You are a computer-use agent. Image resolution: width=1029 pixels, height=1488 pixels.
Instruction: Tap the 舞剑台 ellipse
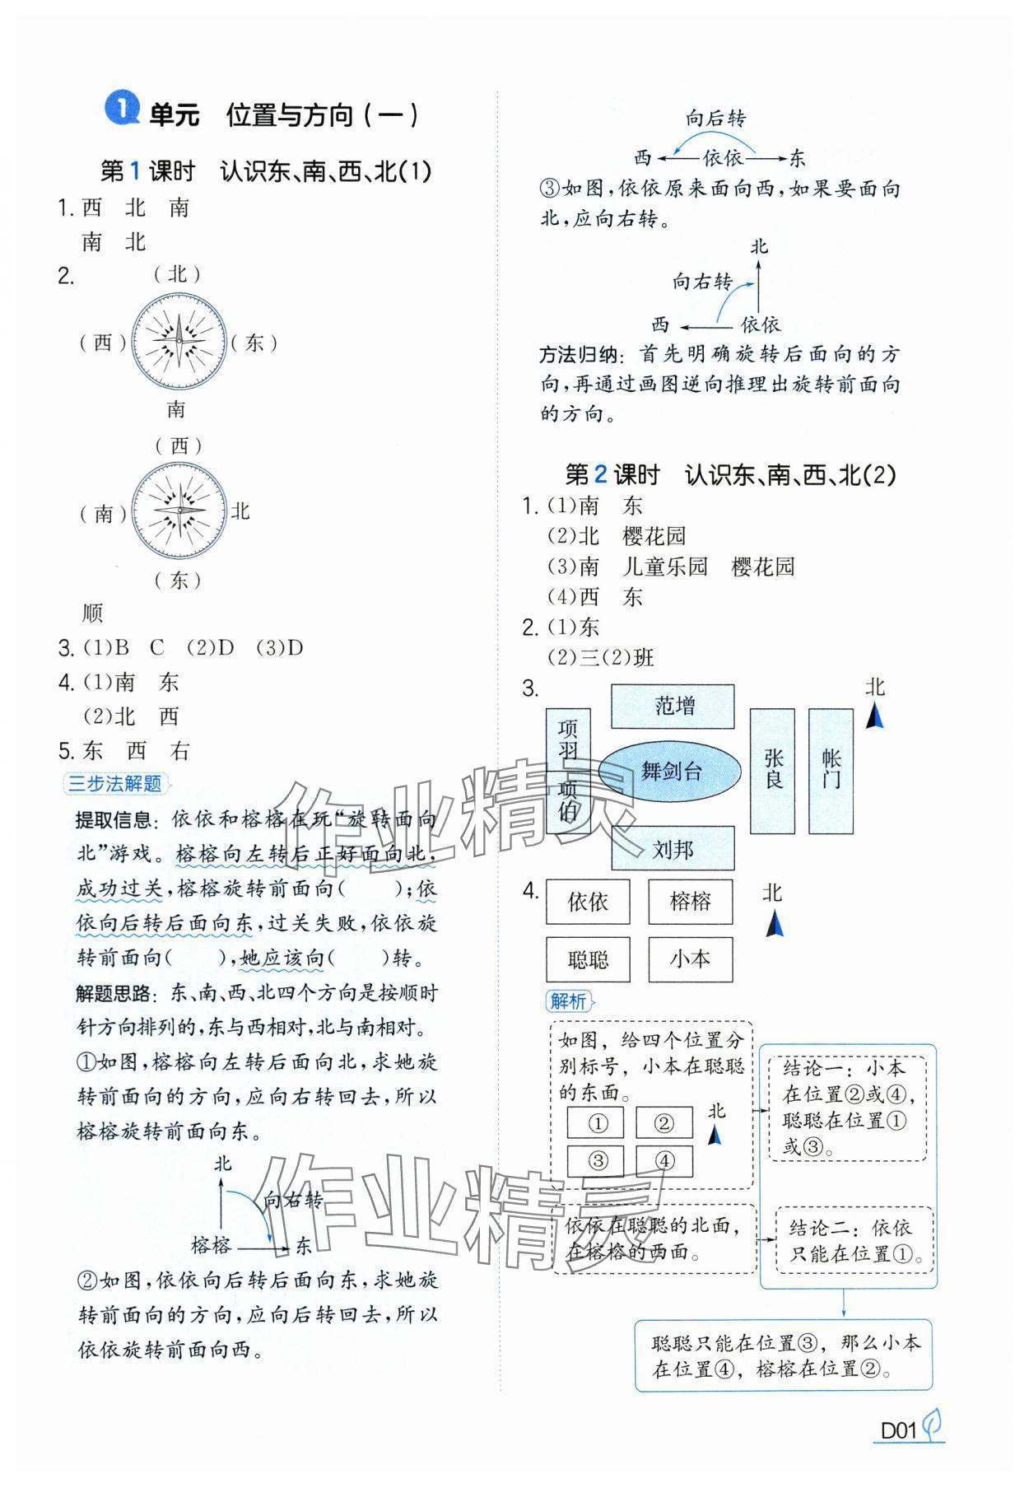670,772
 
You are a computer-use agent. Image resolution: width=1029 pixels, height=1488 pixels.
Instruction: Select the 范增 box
673,706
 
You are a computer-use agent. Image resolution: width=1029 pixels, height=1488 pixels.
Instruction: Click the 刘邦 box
673,848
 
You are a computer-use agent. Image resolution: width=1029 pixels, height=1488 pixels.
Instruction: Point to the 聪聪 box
588,959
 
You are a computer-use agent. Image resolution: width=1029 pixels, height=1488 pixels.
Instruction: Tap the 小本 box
690,959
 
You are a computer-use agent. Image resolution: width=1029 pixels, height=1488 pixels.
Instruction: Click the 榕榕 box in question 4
690,902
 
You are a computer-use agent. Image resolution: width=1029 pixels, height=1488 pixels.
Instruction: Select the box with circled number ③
596,1161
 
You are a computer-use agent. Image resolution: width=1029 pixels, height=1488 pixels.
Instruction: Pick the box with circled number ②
663,1122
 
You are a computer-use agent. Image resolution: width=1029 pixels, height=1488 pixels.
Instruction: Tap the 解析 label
568,1001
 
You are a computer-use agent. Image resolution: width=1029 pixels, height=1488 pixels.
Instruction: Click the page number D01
898,1430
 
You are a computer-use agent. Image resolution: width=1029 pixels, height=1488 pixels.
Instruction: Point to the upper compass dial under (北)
179,341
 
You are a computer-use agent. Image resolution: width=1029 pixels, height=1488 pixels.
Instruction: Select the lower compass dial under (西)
179,511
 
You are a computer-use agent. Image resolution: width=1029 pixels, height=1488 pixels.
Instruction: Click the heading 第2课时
612,475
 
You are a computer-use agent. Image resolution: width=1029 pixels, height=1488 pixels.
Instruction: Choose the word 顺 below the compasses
92,613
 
